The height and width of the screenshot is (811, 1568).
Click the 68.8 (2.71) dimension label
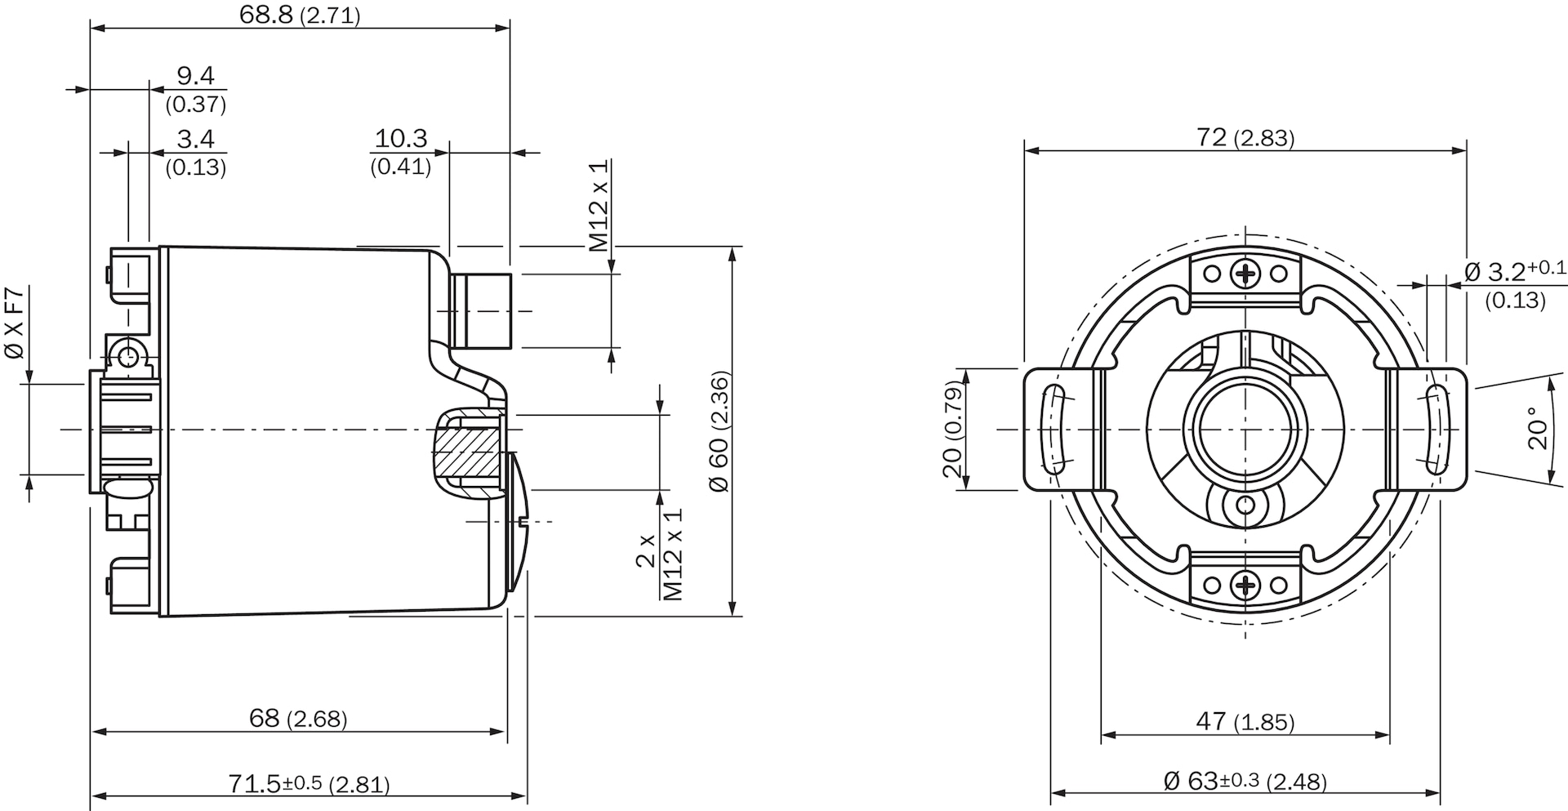click(x=300, y=15)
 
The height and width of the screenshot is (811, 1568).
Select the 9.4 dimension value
click(x=196, y=76)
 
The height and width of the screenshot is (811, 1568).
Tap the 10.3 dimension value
click(x=401, y=139)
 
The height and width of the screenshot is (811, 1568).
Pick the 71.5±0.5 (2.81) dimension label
click(x=309, y=784)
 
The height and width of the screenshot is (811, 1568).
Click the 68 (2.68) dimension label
click(x=298, y=719)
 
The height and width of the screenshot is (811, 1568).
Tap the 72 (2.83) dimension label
click(x=1245, y=138)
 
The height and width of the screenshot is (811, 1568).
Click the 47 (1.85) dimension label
click(x=1245, y=721)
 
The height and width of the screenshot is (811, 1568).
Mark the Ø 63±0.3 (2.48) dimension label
click(x=1245, y=781)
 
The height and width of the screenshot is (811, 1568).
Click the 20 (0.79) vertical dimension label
click(x=952, y=430)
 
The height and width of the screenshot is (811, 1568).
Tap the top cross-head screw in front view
click(x=1245, y=273)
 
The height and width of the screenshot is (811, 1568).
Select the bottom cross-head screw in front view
click(x=1245, y=584)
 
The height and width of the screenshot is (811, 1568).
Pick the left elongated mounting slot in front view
click(x=1055, y=429)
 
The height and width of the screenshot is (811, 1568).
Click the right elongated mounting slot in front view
click(x=1436, y=429)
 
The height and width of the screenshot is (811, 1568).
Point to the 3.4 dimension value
click(x=196, y=140)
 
